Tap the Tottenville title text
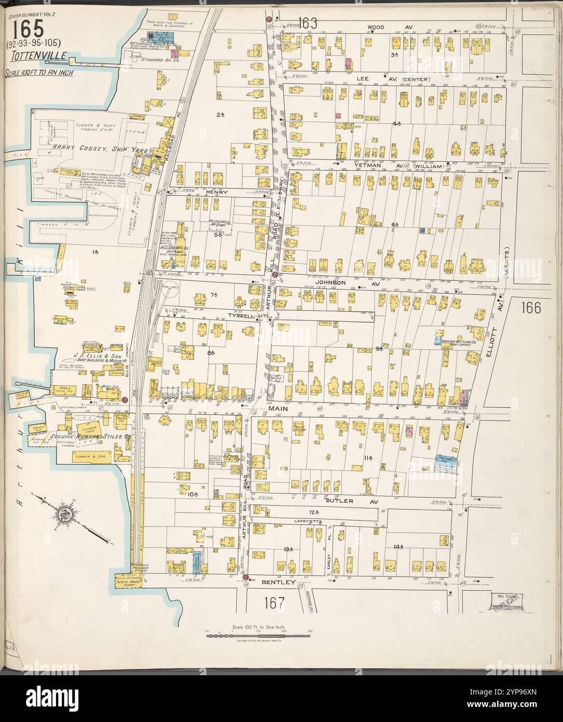(x=29, y=56)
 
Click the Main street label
(x=278, y=409)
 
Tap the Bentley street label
(x=281, y=582)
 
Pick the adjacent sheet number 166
(x=529, y=307)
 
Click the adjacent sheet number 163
(x=308, y=23)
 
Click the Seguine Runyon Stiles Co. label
(x=89, y=437)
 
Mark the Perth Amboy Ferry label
(x=129, y=582)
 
